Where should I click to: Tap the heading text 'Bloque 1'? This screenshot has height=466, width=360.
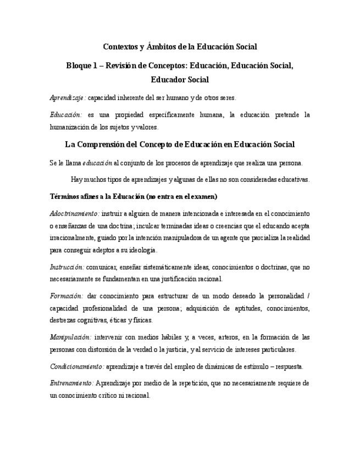82,65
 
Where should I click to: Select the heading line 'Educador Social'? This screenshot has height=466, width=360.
180,80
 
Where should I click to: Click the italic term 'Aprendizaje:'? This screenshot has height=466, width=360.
68,98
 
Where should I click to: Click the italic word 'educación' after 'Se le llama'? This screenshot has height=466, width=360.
97,163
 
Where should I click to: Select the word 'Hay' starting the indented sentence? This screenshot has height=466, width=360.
77,179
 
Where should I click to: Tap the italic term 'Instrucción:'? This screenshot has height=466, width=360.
67,267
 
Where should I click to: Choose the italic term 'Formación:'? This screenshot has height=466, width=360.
65,296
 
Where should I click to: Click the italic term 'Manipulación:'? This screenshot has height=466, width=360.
70,337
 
